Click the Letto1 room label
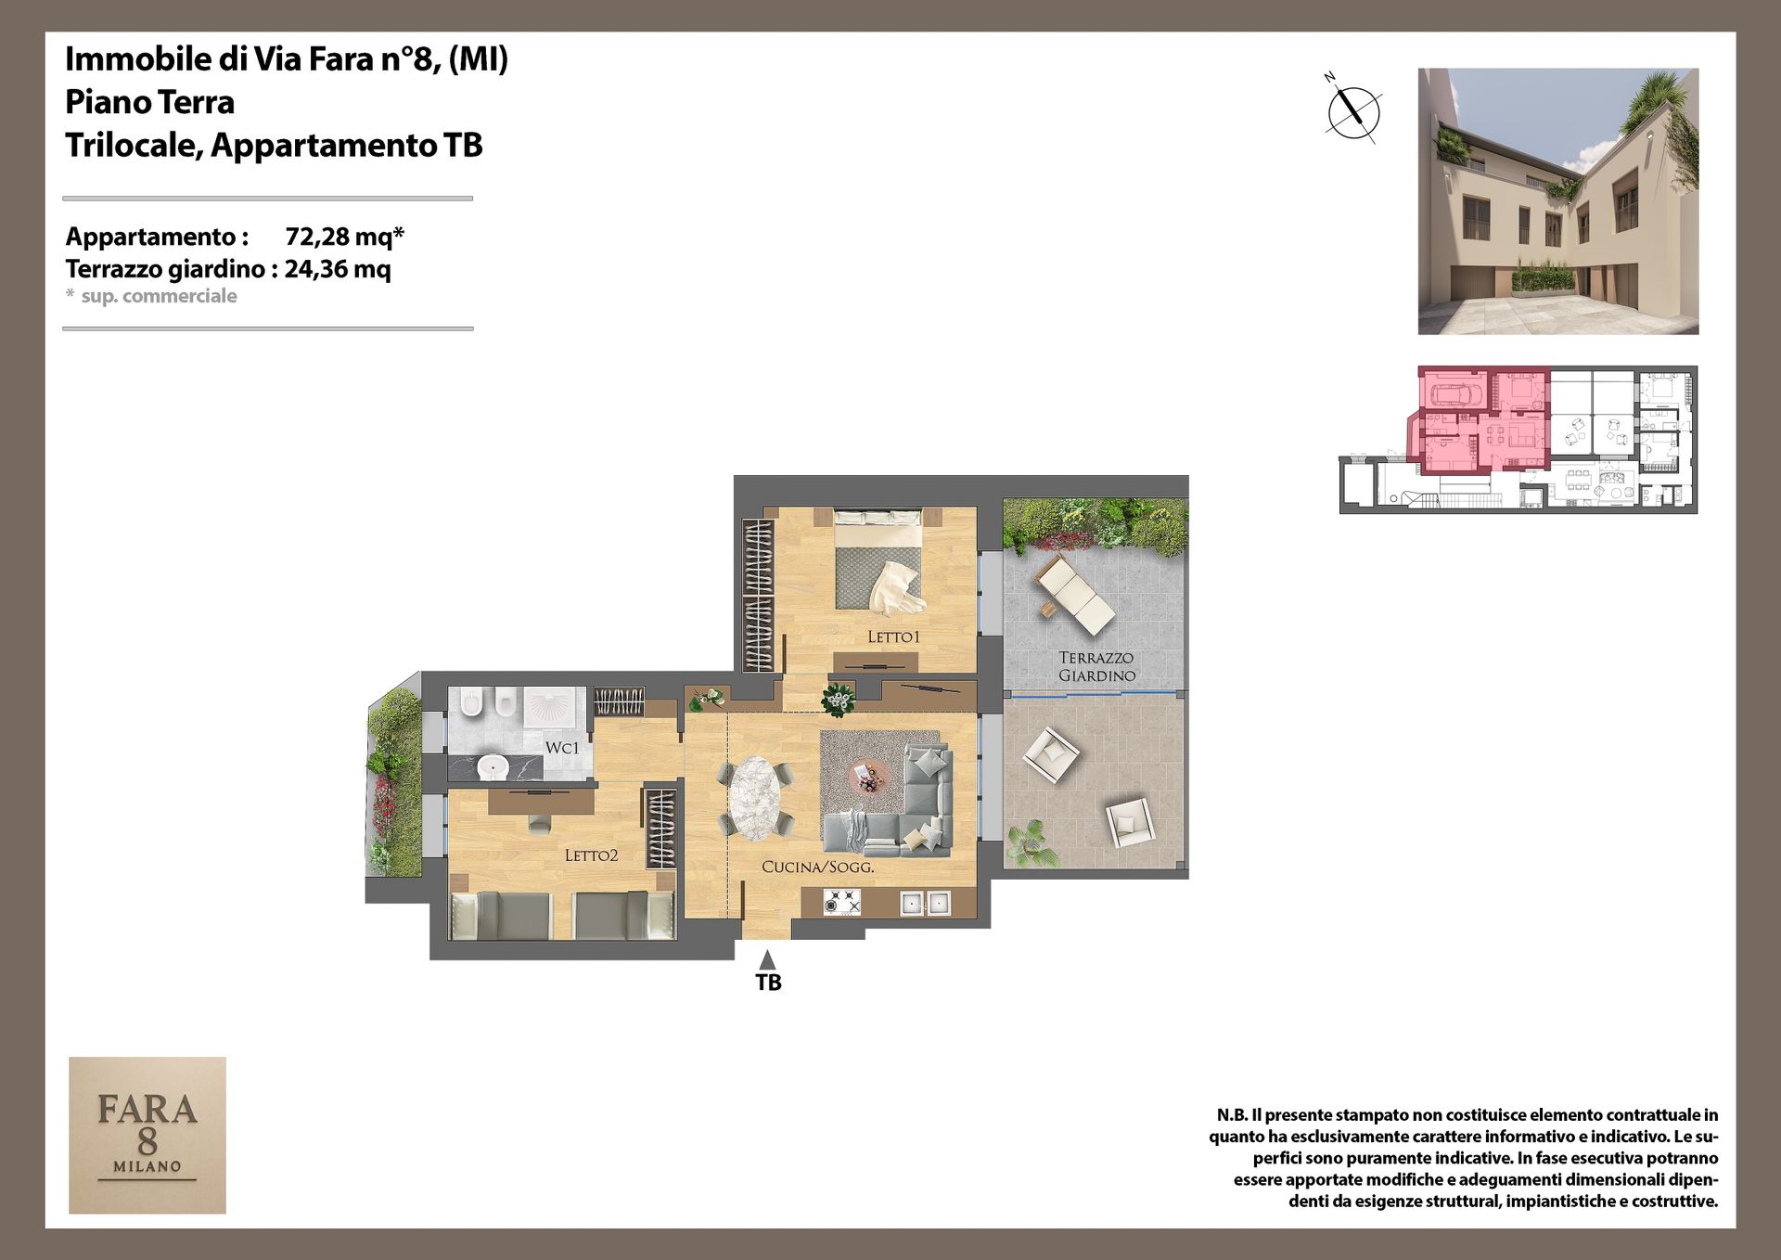893,636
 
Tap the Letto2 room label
591,855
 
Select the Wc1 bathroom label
562,748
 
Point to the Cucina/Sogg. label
818,868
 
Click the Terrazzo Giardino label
1096,666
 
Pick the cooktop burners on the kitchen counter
842,902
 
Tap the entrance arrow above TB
767,959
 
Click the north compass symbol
1352,109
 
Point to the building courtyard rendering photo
1558,201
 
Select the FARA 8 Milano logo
147,1135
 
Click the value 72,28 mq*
344,237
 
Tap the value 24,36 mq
338,269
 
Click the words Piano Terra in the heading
149,102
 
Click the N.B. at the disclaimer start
1232,1115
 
